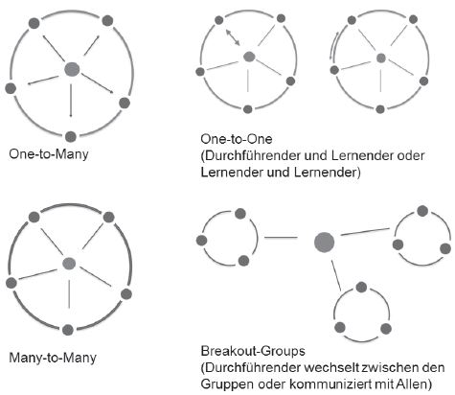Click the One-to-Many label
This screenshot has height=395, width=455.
49,154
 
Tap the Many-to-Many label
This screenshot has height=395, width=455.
53,358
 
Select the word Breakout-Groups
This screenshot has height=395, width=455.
253,351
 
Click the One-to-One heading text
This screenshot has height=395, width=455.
237,139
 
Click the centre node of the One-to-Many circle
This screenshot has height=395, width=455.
72,69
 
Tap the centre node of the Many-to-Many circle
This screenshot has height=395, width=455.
69,264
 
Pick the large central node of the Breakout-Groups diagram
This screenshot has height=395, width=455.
324,243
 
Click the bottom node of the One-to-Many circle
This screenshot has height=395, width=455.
71,136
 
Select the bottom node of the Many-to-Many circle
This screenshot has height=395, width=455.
68,330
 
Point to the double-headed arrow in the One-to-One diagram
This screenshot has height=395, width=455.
233,37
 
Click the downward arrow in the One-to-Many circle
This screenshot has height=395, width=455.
71,101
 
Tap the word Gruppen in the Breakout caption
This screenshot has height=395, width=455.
227,384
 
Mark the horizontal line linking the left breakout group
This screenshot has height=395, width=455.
281,238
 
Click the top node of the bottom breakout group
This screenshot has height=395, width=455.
361,287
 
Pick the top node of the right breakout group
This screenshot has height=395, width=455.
422,211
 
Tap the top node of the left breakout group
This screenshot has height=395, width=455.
240,214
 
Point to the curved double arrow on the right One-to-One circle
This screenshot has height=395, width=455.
334,47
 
